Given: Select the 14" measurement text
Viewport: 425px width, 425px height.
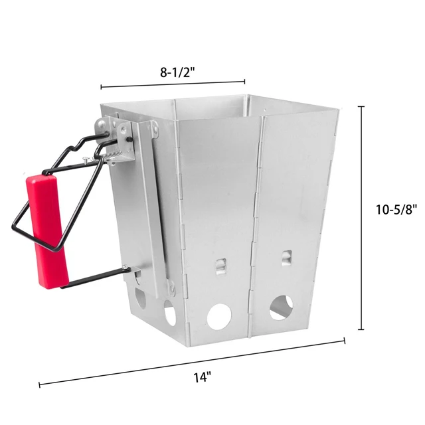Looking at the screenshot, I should tap(202, 378).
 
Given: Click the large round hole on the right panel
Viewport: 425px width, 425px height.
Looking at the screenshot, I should tap(281, 307).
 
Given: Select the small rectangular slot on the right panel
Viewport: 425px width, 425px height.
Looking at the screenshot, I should tap(286, 256).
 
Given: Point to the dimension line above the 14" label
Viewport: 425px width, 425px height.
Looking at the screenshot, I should tap(193, 362).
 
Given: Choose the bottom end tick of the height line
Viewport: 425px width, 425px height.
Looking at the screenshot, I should tap(361, 329).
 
